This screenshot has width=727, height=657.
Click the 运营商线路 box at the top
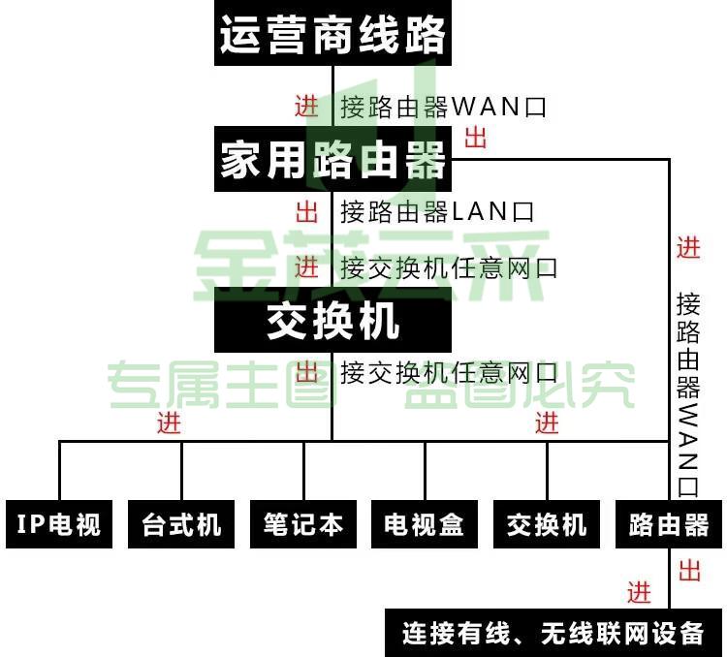(x=332, y=32)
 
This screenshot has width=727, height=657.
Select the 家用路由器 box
(x=332, y=159)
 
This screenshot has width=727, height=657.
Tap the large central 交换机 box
(x=332, y=320)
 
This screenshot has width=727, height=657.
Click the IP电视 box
(x=59, y=524)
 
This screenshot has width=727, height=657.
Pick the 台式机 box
(x=181, y=524)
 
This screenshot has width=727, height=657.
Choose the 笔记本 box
(x=303, y=524)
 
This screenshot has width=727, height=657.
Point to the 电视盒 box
(x=425, y=524)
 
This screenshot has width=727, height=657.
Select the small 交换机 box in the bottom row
(x=547, y=524)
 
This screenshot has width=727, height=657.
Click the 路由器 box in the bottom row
(x=669, y=524)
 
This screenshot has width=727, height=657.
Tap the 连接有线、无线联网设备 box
(x=553, y=633)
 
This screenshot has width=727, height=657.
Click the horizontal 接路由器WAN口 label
(x=443, y=107)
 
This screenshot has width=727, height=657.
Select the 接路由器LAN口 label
(x=437, y=212)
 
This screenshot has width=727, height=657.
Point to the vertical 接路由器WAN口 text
(x=687, y=394)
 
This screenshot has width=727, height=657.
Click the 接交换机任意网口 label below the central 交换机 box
(x=449, y=372)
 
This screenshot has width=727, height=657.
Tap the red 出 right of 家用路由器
(x=476, y=138)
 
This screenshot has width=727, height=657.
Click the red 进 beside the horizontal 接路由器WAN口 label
(x=306, y=107)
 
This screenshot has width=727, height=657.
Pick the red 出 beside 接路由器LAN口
(x=306, y=212)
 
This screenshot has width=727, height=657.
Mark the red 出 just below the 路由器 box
(x=689, y=571)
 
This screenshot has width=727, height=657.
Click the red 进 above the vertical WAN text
(x=688, y=247)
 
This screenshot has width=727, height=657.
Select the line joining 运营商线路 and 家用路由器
(x=332, y=96)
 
